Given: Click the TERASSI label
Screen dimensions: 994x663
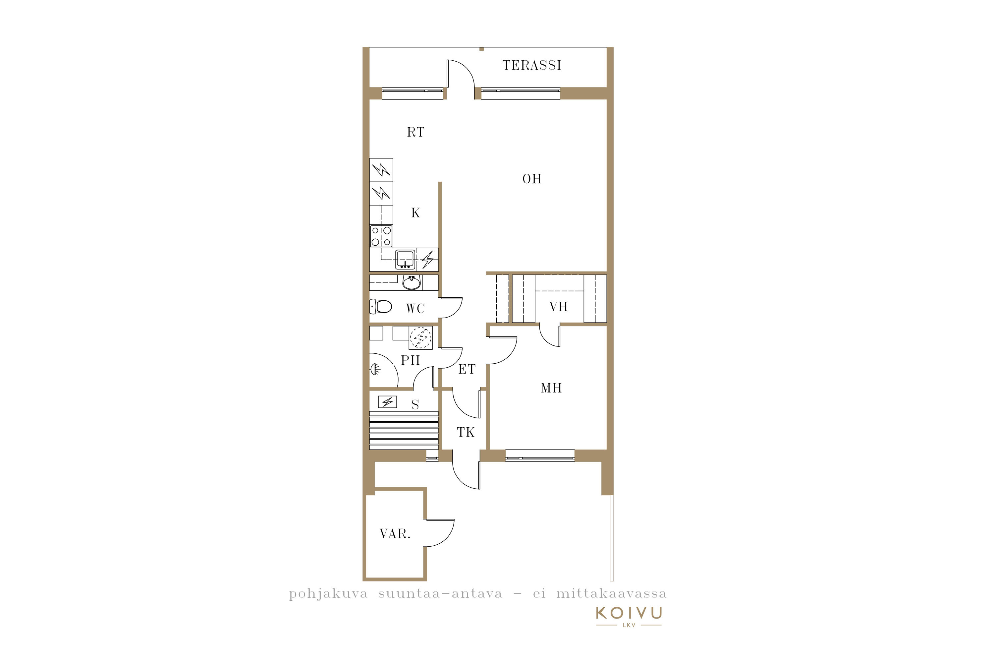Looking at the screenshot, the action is [532, 65].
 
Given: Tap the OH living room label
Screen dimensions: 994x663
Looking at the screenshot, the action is [532, 179].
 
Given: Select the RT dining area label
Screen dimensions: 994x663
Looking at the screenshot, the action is [415, 132].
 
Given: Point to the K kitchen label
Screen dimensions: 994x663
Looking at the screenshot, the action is [415, 213].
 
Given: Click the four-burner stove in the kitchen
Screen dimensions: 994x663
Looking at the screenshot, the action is [381, 236].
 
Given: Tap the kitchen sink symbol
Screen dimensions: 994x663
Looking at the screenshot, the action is [405, 259].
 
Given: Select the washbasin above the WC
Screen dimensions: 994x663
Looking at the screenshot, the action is [411, 282].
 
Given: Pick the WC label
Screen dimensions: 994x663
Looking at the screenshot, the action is [415, 309].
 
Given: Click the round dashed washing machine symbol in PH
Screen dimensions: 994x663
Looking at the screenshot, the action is [421, 338].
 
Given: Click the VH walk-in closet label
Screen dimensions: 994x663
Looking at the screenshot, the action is [558, 307].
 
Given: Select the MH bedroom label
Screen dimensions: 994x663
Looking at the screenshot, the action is [551, 388].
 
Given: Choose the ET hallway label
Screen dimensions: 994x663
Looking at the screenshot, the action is [467, 370].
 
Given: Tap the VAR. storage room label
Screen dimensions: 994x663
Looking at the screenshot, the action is [395, 534].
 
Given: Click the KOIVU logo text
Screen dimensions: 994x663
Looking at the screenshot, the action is [629, 613].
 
